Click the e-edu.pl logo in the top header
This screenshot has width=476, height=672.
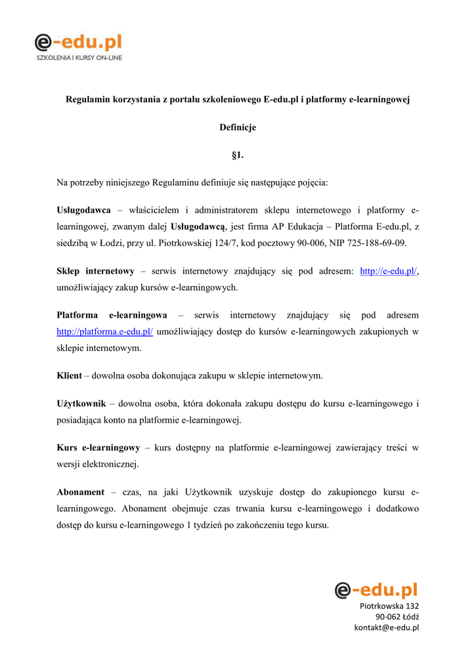78,43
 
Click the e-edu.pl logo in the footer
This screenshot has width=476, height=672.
376,590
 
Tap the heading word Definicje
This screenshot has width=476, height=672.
238,127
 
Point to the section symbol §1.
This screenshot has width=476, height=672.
238,155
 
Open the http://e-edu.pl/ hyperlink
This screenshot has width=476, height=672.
389,271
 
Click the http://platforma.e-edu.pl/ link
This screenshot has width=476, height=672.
105,332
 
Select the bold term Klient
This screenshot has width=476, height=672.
70,376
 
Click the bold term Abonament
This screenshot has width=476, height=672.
81,492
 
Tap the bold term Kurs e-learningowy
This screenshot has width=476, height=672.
98,448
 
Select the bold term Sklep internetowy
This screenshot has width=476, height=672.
96,271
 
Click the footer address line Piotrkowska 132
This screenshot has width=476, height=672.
389,606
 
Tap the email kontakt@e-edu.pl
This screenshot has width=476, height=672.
387,627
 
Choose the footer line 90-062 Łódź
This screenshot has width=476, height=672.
397,617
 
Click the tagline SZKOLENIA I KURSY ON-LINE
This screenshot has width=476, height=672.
78,58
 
